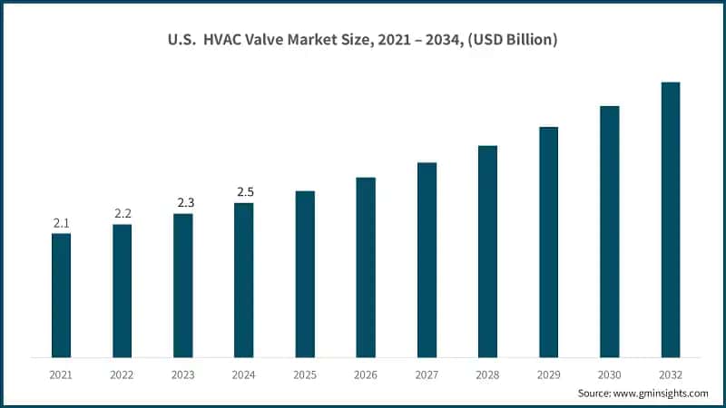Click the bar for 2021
coord(61,295)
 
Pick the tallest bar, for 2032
coord(671,219)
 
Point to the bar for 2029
coord(549,242)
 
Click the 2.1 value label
coord(61,222)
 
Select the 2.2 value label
coord(123,213)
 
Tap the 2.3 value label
coord(183,202)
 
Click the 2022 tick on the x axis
coord(122,373)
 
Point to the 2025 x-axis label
coord(305,373)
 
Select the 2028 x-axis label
coord(488,373)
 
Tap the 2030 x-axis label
coord(610,373)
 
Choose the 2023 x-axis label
coord(183,373)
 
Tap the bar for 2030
coord(610,231)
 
